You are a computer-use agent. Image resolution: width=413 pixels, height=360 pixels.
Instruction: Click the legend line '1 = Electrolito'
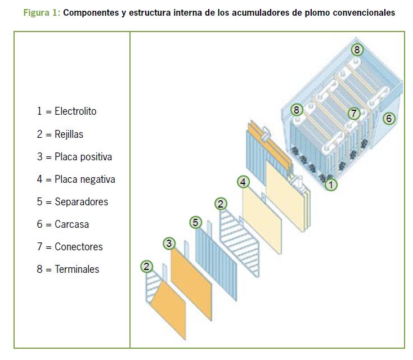click(x=67, y=111)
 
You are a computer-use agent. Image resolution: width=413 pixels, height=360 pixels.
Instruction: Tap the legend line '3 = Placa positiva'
click(x=75, y=157)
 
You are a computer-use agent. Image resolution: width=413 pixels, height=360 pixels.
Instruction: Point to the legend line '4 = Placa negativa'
click(x=76, y=179)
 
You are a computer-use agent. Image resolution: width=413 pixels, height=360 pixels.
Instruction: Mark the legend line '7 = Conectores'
click(x=70, y=246)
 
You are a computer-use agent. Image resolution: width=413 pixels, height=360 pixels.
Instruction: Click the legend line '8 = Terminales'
click(x=68, y=269)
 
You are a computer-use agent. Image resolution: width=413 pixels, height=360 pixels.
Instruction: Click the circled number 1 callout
click(x=332, y=183)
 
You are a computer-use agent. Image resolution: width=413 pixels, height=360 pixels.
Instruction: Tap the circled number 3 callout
click(x=169, y=244)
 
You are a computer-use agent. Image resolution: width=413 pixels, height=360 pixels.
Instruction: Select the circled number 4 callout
click(x=243, y=182)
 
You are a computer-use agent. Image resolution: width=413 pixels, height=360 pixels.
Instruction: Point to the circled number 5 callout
click(x=195, y=222)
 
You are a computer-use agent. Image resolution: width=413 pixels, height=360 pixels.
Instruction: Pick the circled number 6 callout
click(x=389, y=118)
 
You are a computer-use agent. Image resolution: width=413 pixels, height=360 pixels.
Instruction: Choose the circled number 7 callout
click(x=353, y=113)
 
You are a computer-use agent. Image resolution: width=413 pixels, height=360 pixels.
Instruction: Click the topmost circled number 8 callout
click(x=357, y=49)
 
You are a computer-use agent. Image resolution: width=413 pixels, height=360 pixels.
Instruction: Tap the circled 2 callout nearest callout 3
click(x=146, y=267)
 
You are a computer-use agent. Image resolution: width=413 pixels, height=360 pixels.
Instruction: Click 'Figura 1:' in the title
click(x=43, y=13)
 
